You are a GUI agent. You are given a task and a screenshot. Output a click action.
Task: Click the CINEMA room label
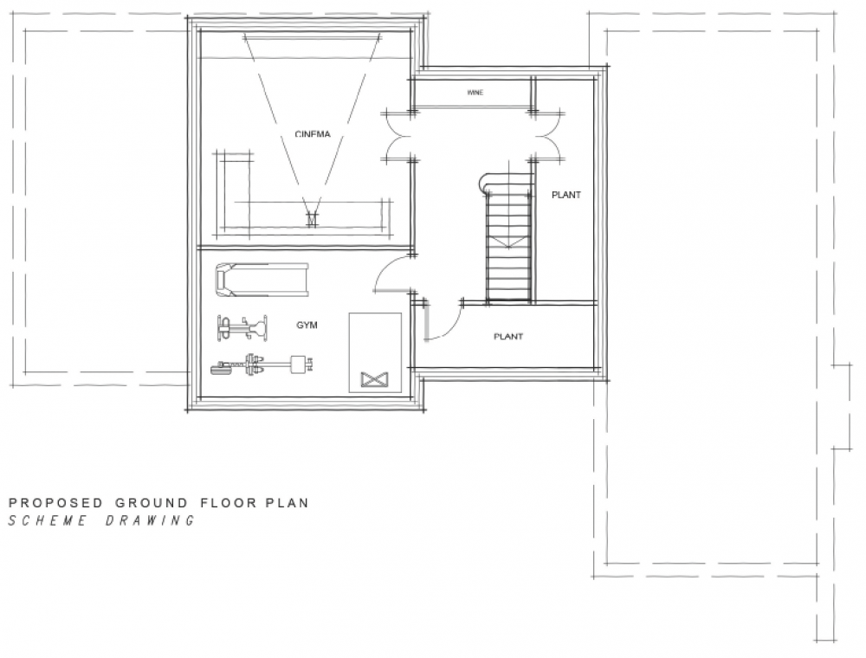click(313, 134)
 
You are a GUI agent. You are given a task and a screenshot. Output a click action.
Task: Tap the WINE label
click(475, 92)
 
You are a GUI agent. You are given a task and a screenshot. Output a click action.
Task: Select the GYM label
click(307, 326)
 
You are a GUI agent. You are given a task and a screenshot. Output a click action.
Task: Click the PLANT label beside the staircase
click(566, 195)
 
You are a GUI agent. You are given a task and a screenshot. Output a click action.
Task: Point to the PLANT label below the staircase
click(508, 336)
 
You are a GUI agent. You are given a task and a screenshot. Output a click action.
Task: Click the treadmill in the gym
click(262, 280)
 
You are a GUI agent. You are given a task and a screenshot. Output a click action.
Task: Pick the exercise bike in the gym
click(242, 328)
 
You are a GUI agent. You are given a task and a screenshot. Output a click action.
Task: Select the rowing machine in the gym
click(262, 364)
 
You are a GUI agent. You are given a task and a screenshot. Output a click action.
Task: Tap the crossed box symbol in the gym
click(374, 379)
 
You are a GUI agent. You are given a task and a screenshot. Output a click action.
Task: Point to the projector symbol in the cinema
click(313, 219)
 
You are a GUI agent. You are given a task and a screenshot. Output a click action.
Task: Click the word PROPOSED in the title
click(55, 503)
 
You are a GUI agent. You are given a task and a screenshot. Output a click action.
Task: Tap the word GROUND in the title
click(151, 503)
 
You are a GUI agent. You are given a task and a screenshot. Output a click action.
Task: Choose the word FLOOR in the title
click(228, 503)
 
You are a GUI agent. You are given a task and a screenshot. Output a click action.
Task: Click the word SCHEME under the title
click(48, 520)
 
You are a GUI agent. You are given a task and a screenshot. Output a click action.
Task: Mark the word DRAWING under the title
click(150, 520)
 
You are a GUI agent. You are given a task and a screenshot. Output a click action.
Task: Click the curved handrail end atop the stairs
click(485, 182)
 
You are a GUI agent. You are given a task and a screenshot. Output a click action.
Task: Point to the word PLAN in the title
click(288, 503)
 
